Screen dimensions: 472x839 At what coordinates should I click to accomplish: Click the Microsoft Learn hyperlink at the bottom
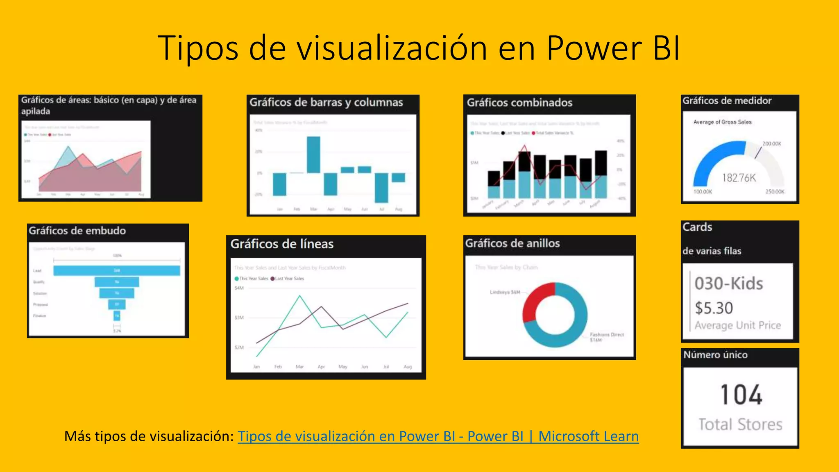pos(438,436)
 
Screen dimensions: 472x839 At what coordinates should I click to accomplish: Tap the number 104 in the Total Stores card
pos(741,395)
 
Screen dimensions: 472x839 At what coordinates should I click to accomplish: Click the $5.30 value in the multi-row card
pos(714,308)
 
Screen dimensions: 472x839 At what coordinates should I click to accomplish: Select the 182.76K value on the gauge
pos(739,178)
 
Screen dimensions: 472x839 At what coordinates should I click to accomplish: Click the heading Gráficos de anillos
pos(512,243)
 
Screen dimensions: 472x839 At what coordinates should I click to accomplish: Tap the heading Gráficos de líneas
pos(282,244)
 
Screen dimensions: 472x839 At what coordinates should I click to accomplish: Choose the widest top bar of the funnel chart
pos(117,270)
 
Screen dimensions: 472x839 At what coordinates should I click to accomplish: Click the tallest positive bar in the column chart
pos(313,154)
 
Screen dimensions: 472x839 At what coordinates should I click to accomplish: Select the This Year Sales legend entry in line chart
pos(251,279)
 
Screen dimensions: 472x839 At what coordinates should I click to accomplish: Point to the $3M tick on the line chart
pos(239,318)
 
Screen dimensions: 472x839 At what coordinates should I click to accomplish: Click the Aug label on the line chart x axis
pos(408,367)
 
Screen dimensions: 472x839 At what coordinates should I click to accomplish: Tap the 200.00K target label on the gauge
pos(772,144)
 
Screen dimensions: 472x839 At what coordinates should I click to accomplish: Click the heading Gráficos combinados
pos(519,102)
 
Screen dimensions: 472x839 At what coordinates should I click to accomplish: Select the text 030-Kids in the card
pos(729,284)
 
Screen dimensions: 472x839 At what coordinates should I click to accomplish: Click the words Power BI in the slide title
pos(613,48)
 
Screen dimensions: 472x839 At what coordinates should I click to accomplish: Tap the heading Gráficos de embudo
pos(77,231)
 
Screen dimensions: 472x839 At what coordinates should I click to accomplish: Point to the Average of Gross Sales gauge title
pos(722,122)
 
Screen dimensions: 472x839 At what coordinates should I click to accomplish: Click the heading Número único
pos(715,355)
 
